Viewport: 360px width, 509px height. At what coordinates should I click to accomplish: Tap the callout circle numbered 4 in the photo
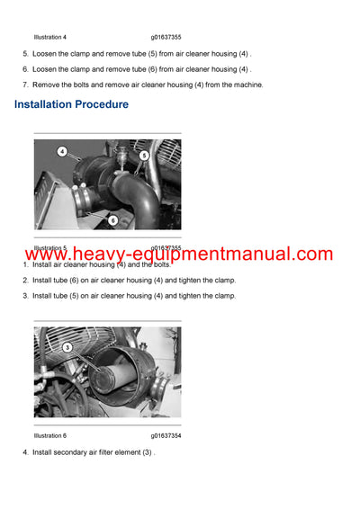click(62, 151)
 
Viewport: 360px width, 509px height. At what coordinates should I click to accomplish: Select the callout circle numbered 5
click(144, 156)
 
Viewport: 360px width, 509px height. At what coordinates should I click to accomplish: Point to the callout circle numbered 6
click(113, 219)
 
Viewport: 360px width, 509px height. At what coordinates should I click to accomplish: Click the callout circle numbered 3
click(67, 347)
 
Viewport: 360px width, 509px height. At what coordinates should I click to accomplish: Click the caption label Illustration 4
click(49, 37)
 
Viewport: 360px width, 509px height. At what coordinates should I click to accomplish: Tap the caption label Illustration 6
click(49, 435)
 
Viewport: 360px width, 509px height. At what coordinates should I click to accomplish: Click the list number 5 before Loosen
click(25, 54)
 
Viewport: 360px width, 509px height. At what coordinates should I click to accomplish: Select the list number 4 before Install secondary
click(25, 452)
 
